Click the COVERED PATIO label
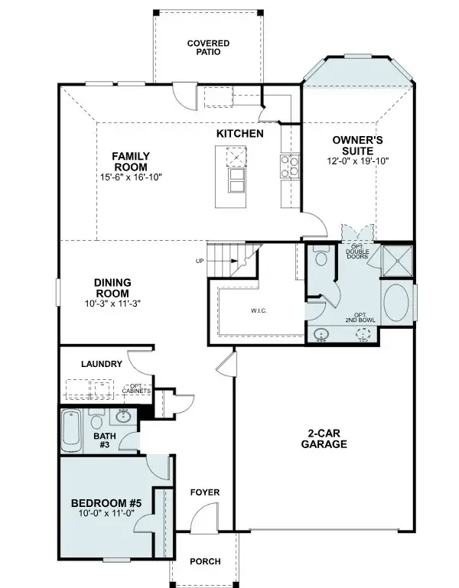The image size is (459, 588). coord(208,48)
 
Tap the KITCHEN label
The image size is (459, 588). coord(239,134)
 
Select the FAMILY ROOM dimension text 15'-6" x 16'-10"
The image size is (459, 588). coord(130,177)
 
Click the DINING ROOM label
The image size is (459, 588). coord(112,288)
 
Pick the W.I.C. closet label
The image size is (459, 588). coord(258,311)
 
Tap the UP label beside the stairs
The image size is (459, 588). coord(200,262)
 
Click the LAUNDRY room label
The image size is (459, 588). coord(101,364)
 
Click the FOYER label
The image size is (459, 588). coord(204,493)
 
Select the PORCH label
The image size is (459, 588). coord(204,562)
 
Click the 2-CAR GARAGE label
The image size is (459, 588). coord(324,438)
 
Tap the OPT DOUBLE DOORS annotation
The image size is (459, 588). coord(357,252)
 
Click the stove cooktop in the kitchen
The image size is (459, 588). coord(289,165)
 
